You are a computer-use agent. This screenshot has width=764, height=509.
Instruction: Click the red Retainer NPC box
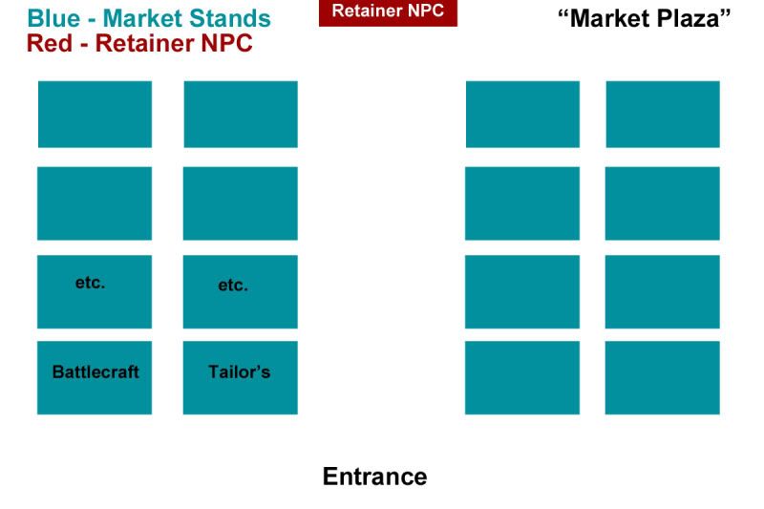[388, 11]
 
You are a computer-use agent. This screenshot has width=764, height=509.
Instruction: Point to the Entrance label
[374, 476]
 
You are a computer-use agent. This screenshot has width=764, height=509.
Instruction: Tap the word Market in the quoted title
[610, 18]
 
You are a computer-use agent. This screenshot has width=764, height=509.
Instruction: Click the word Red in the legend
[48, 43]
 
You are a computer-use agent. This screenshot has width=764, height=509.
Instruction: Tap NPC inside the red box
[427, 11]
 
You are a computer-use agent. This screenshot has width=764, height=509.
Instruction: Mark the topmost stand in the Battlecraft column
[95, 115]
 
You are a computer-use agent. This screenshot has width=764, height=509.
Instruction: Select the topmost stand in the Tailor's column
[240, 115]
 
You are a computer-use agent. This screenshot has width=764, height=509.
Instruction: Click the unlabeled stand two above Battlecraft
[95, 203]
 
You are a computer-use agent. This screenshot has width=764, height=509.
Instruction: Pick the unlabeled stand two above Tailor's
[240, 203]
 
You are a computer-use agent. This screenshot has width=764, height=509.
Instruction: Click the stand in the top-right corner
[663, 115]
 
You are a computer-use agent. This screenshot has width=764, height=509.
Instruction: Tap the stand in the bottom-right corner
[663, 378]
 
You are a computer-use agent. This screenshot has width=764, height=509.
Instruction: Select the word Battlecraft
[95, 371]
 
